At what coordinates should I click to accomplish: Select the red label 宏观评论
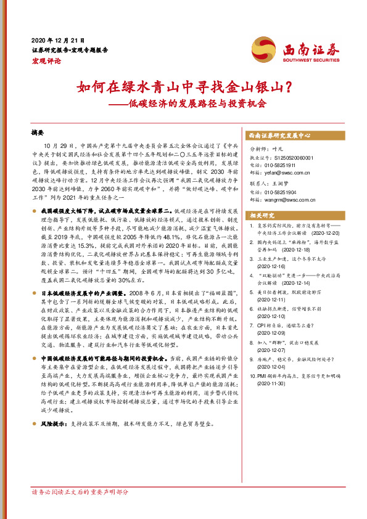(46, 61)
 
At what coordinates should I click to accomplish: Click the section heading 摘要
(38, 132)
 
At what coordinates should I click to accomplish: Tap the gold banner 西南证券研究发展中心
(279, 134)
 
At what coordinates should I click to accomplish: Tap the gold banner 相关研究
(262, 215)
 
